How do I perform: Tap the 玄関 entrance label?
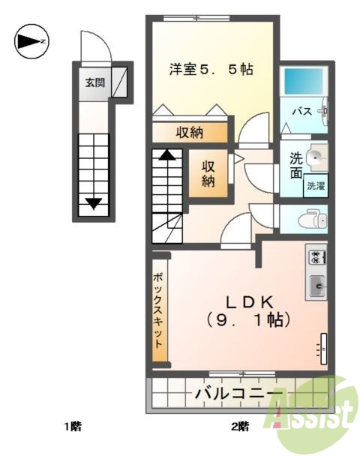[x=93, y=82]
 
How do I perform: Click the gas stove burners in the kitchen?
[x=316, y=257]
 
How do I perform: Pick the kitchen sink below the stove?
[x=316, y=285]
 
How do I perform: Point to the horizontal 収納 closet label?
[x=189, y=133]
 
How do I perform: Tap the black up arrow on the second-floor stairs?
[x=168, y=156]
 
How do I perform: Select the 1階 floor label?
[x=72, y=427]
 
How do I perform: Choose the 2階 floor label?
[x=239, y=427]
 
